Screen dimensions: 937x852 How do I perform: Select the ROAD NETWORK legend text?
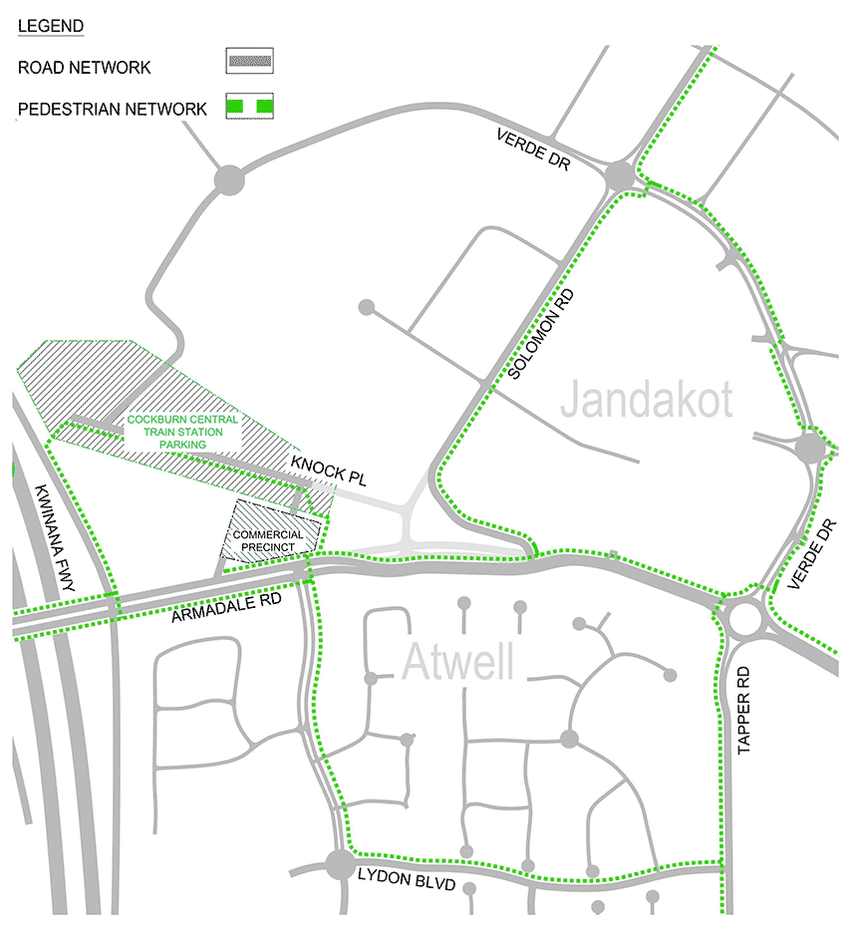[x=85, y=68]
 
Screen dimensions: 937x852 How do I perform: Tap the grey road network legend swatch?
[x=250, y=61]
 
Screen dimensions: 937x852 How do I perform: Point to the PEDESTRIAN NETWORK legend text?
[x=113, y=109]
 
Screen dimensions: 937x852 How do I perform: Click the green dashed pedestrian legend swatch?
[x=250, y=105]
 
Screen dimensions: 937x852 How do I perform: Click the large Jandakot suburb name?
[x=646, y=401]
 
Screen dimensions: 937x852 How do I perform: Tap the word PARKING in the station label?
[x=183, y=445]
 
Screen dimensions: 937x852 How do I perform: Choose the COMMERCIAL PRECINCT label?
[x=268, y=540]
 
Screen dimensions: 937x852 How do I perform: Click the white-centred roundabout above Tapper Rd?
[x=744, y=619]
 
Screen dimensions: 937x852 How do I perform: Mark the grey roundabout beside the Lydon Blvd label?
[x=340, y=863]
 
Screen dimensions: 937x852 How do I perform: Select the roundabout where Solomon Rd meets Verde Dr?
[x=619, y=177]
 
